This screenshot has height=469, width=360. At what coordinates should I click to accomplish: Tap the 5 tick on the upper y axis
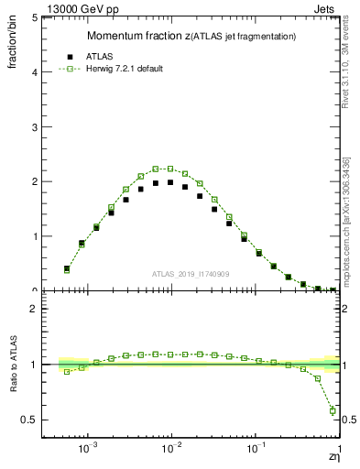[x=36, y=17]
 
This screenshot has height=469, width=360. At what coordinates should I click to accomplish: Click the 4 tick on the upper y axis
[x=36, y=71]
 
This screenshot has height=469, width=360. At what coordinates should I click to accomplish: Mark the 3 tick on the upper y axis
[x=36, y=126]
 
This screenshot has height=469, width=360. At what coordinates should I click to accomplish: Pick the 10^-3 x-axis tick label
[x=89, y=450]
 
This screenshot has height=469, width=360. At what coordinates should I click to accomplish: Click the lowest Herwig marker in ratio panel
[x=333, y=410]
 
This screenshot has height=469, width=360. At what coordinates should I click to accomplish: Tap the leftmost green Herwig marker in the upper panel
[x=66, y=269]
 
